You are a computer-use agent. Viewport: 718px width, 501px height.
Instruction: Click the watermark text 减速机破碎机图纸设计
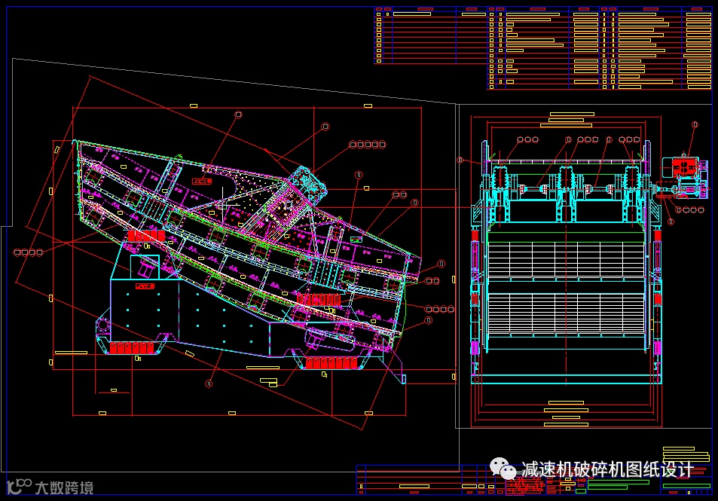(x=607, y=469)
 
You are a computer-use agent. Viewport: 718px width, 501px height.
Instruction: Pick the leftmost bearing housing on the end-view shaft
(x=499, y=182)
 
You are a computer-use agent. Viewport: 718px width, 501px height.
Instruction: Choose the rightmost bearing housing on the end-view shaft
(x=631, y=182)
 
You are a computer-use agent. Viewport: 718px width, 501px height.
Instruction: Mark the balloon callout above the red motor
(x=695, y=124)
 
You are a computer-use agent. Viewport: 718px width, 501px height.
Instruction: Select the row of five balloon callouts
(x=367, y=144)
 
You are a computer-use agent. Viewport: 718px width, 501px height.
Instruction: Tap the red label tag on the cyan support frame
(x=143, y=286)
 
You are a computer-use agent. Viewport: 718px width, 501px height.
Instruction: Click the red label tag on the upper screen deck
(x=201, y=181)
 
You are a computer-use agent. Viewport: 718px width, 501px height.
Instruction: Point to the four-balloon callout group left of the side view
(x=29, y=252)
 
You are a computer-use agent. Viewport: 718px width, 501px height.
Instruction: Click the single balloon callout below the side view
(x=209, y=383)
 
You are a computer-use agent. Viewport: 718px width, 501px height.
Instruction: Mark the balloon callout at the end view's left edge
(x=460, y=160)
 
